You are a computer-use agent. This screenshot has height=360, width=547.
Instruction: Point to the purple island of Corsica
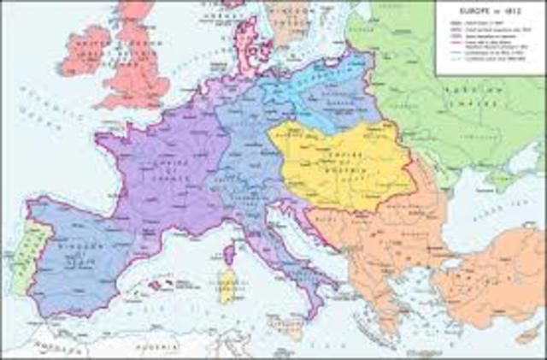tap(229, 255)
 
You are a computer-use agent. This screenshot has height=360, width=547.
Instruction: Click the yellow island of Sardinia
tap(226, 287)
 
